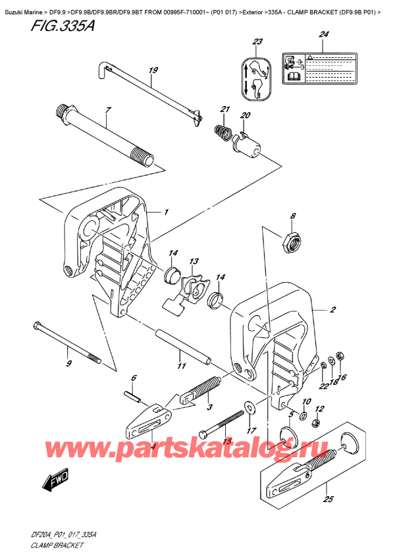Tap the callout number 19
click(153, 70)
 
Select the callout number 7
click(108, 110)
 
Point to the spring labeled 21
click(222, 132)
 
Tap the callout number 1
click(166, 213)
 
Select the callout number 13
click(194, 261)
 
